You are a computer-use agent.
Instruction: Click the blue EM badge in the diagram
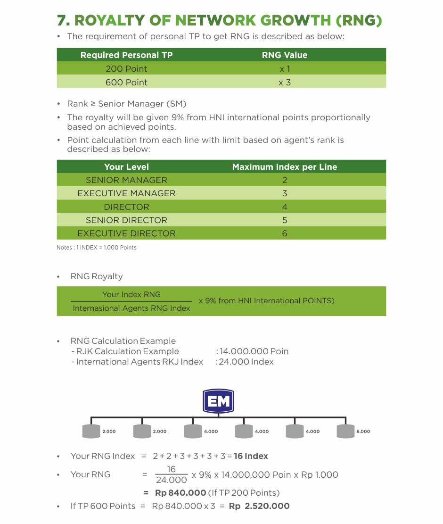tap(218, 401)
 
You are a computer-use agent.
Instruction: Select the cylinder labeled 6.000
tap(345, 431)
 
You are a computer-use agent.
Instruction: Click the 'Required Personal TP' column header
tap(126, 55)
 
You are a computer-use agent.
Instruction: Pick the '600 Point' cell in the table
tap(126, 82)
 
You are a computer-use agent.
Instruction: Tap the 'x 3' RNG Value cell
tap(284, 82)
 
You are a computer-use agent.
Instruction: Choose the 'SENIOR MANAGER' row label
tap(126, 180)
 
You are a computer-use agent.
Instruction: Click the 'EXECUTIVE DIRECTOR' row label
tap(126, 233)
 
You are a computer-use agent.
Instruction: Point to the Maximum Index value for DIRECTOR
tap(284, 207)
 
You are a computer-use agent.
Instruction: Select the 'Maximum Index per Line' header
tap(284, 167)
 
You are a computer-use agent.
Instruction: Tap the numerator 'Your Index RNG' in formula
tap(131, 294)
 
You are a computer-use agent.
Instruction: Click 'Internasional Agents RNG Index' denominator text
tap(131, 308)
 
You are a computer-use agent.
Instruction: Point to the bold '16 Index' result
tap(251, 456)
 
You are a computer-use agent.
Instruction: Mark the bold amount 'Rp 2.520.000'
tap(259, 506)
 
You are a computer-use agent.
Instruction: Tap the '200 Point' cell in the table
tap(126, 69)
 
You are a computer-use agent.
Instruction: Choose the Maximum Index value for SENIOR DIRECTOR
tap(284, 220)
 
